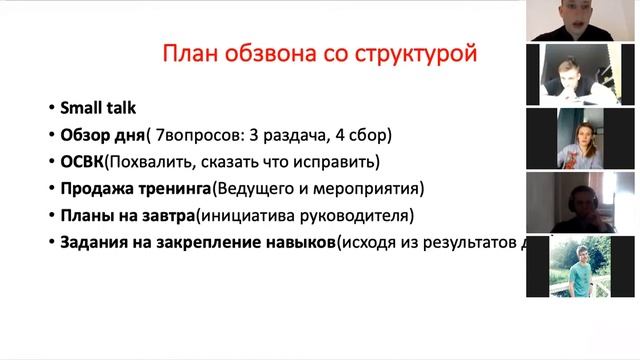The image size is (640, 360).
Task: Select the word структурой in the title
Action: click(x=418, y=53)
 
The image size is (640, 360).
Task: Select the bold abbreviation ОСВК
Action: click(x=83, y=161)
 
